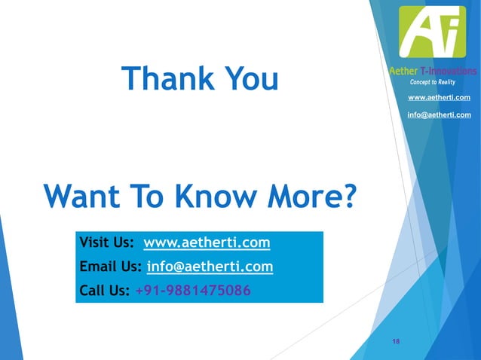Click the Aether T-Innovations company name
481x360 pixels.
pyautogui.click(x=433, y=71)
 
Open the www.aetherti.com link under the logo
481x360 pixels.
pyautogui.click(x=439, y=98)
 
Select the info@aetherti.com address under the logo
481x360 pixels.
pyautogui.click(x=439, y=114)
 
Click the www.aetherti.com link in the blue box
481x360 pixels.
pyautogui.click(x=207, y=243)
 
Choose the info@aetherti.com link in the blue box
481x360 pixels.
pyautogui.click(x=210, y=267)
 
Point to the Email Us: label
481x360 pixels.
pyautogui.click(x=111, y=267)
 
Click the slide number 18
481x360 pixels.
pyautogui.click(x=396, y=343)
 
